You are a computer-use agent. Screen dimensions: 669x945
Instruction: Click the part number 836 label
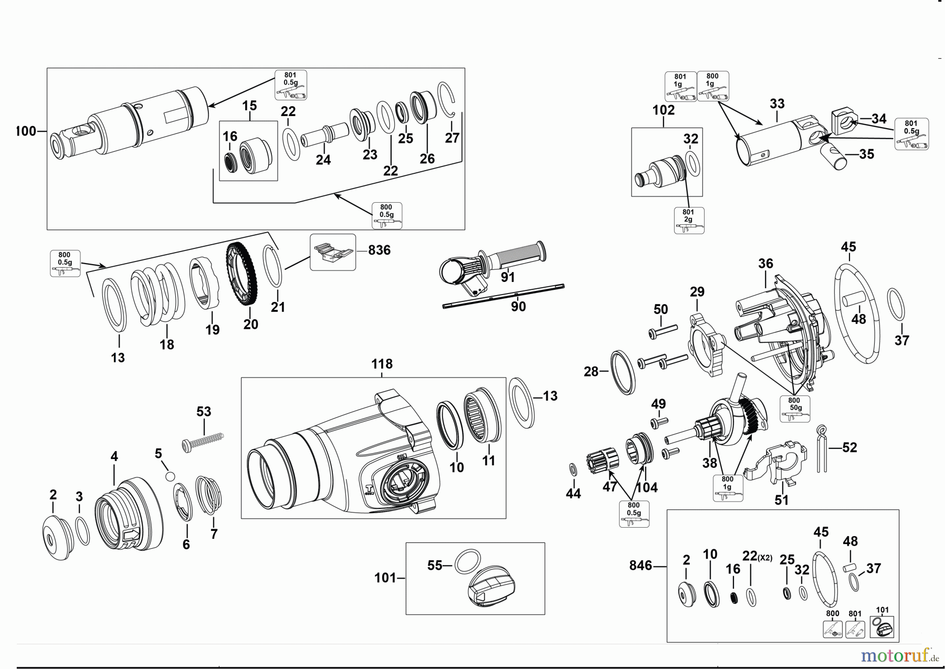point(379,250)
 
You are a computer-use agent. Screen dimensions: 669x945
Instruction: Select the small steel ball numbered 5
point(170,476)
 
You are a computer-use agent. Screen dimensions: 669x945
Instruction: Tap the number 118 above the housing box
point(382,364)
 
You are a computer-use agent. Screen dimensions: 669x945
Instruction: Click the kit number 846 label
point(640,566)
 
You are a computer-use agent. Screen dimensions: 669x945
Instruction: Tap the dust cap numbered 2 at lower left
point(57,538)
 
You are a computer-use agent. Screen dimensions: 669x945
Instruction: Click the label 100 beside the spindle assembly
point(26,131)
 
